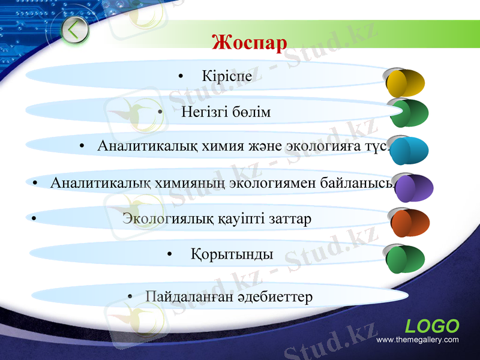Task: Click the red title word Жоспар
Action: click(249, 43)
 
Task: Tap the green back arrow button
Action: click(74, 30)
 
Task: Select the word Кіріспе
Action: click(227, 77)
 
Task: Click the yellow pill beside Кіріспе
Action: click(405, 83)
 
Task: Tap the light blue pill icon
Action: click(408, 151)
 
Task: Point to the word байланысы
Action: click(364, 182)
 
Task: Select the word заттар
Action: click(290, 218)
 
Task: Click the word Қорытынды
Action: click(232, 254)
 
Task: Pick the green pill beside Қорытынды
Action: click(405, 259)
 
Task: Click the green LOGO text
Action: click(432, 326)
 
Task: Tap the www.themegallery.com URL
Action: click(417, 340)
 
